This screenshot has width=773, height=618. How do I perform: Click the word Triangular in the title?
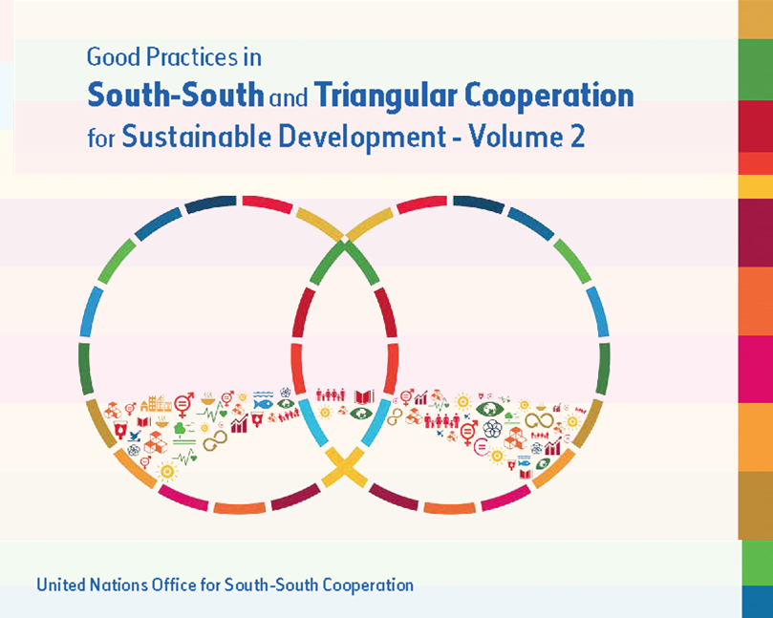(386, 96)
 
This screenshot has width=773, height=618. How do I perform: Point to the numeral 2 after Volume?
(577, 136)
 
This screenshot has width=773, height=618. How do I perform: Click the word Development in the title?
(362, 137)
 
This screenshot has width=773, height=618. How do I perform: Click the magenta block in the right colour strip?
(755, 369)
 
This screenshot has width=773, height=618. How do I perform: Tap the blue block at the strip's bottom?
(757, 602)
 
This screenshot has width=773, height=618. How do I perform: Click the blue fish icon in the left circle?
(264, 404)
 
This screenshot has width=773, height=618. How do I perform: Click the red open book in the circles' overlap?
(364, 395)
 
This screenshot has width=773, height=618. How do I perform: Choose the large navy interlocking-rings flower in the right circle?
(492, 428)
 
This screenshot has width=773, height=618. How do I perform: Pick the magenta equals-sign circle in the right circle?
(481, 447)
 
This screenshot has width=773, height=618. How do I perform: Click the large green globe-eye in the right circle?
(490, 409)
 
